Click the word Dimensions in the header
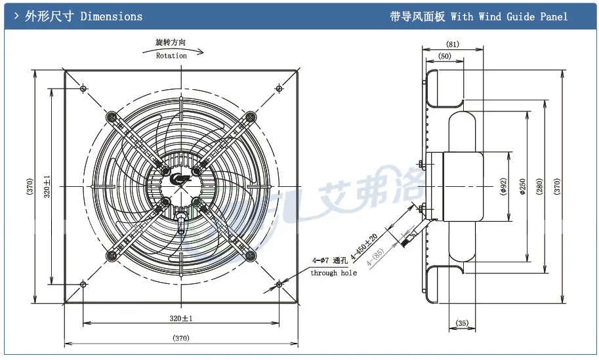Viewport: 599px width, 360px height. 111,16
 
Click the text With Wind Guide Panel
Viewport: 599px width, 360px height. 508,16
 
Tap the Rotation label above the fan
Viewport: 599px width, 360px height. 171,56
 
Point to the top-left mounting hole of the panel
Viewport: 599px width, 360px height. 83,88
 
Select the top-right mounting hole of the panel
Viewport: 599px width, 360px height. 279,88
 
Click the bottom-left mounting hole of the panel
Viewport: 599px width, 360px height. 83,284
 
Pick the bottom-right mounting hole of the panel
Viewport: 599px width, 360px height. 279,284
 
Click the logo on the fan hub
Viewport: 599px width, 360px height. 180,178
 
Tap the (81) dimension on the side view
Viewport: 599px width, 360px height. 452,45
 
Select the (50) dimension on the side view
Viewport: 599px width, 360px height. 444,57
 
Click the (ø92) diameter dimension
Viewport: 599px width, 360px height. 503,187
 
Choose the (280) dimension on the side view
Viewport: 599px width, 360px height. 539,186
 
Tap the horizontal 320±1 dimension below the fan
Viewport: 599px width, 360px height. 180,318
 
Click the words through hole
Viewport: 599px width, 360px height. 333,273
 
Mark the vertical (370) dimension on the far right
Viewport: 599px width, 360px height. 558,186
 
